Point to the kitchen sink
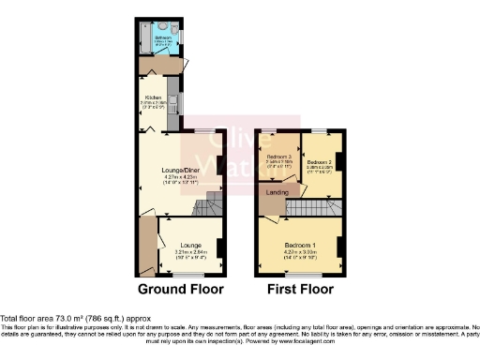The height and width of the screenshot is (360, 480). [172, 104]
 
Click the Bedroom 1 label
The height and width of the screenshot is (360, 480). [300, 245]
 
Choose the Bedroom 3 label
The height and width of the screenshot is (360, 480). [279, 156]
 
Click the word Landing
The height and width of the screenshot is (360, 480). [277, 192]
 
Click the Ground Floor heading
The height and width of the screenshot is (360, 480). [180, 290]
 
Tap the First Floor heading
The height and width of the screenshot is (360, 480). [299, 290]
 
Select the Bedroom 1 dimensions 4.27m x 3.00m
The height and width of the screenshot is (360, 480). [300, 251]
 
